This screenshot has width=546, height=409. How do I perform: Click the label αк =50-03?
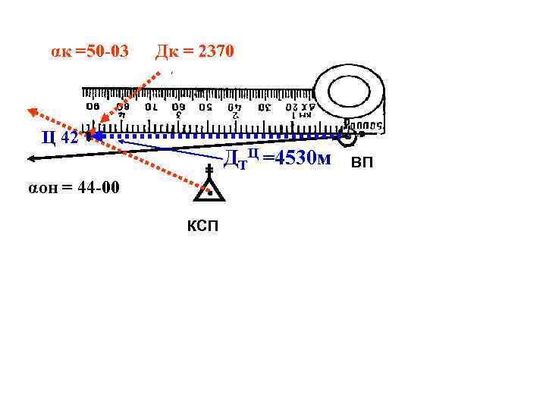89,52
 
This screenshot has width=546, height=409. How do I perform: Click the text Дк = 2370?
195,52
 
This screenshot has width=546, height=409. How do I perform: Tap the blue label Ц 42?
58,137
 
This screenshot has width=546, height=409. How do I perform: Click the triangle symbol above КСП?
207,190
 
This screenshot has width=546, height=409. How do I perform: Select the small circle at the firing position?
348,139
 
